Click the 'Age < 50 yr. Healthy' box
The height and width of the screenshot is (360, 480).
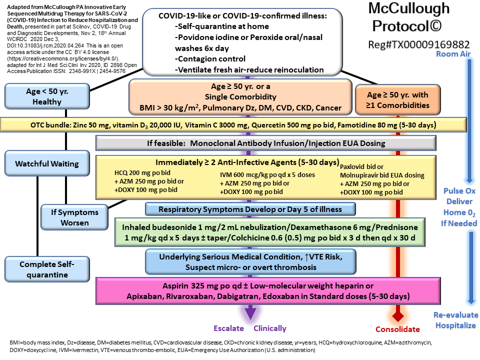click(x=47, y=96)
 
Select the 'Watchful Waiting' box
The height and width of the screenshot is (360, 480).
click(x=47, y=163)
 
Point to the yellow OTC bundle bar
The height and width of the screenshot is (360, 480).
click(x=240, y=124)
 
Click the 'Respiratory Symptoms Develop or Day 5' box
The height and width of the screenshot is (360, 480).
click(x=250, y=208)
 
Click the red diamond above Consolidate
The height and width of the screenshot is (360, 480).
click(x=397, y=316)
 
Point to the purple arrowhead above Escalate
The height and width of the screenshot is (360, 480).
click(x=250, y=313)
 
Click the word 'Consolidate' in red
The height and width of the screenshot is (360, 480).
click(x=398, y=329)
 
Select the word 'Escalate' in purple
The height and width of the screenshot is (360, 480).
click(x=228, y=328)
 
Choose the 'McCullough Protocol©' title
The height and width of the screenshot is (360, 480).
click(x=408, y=16)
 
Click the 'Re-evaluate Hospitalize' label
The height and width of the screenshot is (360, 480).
click(x=456, y=320)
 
